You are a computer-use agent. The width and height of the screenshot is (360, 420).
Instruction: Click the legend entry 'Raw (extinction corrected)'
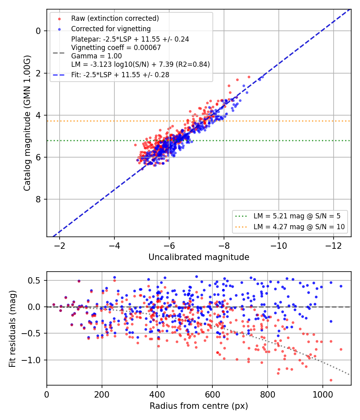click(x=115, y=18)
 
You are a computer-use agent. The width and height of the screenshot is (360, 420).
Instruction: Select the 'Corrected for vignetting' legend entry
click(x=111, y=29)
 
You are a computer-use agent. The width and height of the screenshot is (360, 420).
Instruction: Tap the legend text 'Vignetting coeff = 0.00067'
click(x=116, y=48)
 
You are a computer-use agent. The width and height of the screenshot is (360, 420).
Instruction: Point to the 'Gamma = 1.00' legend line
click(x=96, y=56)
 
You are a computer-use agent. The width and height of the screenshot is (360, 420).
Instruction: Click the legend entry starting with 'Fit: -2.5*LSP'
click(x=120, y=75)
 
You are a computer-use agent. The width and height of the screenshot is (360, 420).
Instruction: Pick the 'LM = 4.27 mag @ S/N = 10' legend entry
click(x=299, y=227)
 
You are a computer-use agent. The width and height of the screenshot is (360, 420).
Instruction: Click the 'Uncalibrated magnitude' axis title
click(x=199, y=257)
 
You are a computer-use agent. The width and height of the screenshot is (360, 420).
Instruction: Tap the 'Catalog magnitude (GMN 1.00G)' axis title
click(x=27, y=123)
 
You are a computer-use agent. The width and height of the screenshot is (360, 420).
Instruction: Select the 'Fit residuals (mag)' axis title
click(x=12, y=329)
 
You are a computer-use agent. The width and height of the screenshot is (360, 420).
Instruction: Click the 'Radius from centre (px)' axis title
click(x=199, y=406)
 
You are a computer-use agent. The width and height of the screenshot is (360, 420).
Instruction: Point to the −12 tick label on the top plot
click(x=334, y=246)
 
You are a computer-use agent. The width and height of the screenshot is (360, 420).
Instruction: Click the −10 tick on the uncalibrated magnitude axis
click(x=278, y=246)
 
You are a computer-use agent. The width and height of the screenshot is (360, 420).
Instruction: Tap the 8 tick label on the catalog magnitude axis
click(x=38, y=199)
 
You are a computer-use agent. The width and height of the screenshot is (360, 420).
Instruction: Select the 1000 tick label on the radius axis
click(x=323, y=394)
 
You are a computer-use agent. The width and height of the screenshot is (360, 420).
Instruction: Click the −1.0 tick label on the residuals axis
click(x=30, y=360)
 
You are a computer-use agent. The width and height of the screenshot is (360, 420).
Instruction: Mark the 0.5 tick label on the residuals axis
click(x=34, y=280)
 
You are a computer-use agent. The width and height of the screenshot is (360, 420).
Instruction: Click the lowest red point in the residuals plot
click(x=331, y=380)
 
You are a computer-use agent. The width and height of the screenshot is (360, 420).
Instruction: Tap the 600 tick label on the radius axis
click(x=212, y=394)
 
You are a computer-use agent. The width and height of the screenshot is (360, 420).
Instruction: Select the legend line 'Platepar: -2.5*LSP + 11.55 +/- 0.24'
click(x=130, y=39)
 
